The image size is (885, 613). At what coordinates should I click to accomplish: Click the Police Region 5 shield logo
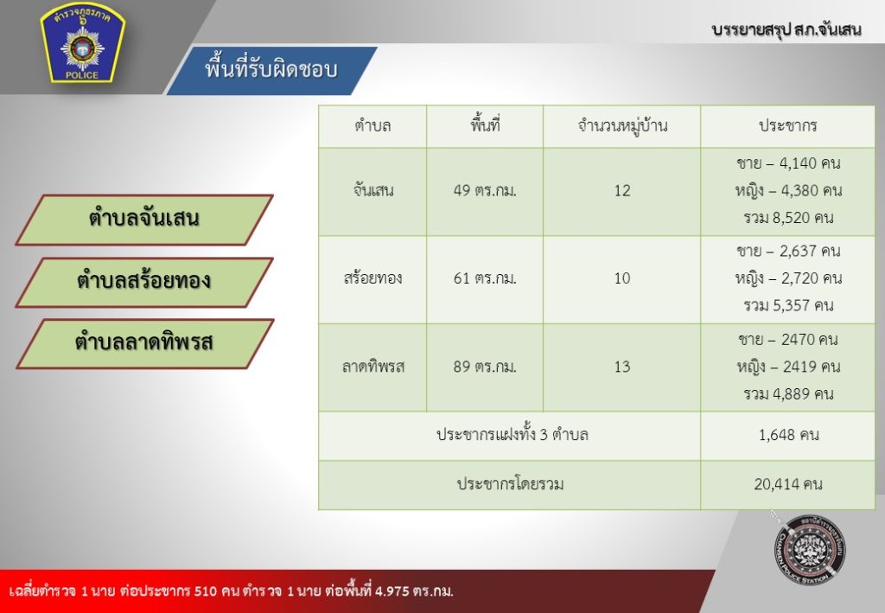(82, 43)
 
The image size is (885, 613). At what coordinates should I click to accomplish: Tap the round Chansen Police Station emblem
(810, 549)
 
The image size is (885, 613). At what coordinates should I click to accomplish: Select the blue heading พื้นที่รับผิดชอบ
(271, 69)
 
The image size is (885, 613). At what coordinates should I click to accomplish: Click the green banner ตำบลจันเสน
(144, 220)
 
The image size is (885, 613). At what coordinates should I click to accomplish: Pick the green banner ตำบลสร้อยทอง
(144, 282)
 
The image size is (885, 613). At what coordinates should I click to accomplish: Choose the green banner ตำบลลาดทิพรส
(144, 343)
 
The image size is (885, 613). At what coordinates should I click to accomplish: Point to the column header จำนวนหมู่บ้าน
(622, 125)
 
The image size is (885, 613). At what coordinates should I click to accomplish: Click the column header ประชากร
(788, 125)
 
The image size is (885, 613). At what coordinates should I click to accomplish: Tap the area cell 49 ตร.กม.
(485, 191)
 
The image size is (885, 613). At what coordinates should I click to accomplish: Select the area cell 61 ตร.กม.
(485, 278)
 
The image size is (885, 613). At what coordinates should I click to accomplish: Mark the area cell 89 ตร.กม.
(485, 367)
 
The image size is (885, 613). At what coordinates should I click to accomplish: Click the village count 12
(622, 191)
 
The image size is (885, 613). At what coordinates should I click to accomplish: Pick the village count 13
(622, 367)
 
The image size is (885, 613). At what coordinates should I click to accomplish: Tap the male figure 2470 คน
(810, 340)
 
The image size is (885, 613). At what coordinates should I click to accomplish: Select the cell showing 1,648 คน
(788, 435)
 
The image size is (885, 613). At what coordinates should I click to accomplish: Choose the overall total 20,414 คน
(788, 484)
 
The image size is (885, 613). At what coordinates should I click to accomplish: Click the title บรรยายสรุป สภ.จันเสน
(786, 29)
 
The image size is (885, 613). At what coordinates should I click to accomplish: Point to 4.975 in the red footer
(393, 591)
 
